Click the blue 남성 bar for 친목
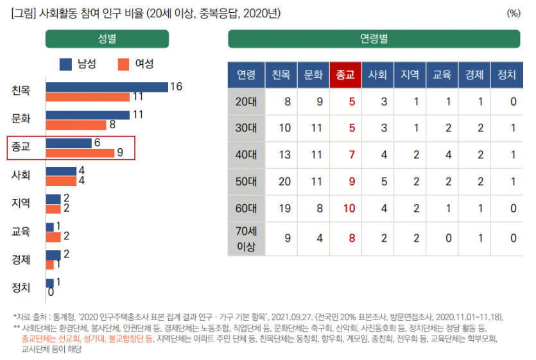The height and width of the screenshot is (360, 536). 107,87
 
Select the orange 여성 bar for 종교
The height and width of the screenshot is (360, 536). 80,153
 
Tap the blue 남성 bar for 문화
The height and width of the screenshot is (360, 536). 89,115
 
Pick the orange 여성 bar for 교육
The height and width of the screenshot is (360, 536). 53,236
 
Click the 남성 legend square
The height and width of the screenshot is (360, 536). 65,64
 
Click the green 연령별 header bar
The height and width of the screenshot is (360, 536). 374,39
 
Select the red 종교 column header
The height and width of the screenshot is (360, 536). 345,74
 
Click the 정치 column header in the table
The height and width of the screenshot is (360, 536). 506,74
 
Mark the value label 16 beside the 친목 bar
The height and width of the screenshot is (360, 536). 177,87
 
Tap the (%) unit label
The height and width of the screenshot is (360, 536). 514,13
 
